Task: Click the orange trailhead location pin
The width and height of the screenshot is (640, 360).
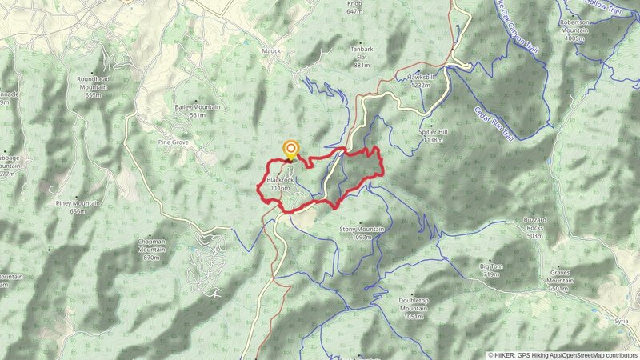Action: tap(290, 150)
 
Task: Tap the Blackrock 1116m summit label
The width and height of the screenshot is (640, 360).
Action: tap(282, 184)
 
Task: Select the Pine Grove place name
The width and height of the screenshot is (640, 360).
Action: tap(173, 142)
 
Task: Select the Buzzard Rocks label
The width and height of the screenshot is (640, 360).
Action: tap(534, 227)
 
